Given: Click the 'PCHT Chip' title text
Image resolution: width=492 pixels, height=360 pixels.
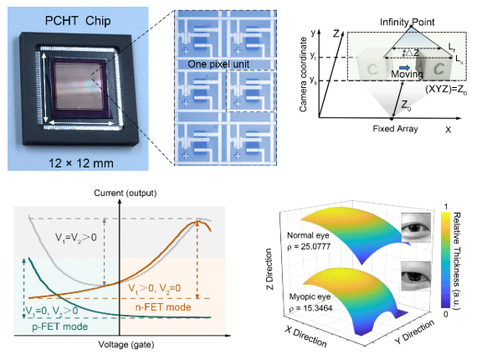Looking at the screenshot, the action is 78,21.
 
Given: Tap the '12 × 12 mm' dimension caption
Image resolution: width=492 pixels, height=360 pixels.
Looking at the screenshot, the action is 81,163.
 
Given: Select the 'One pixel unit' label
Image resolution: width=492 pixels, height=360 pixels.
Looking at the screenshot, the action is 218,64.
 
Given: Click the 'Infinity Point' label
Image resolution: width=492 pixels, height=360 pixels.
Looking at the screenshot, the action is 407,22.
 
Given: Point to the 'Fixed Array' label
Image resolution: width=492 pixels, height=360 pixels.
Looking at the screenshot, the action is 395,129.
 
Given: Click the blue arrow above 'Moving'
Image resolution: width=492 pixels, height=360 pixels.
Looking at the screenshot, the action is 405,68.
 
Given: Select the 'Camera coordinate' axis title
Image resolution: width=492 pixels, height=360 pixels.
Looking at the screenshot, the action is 303,75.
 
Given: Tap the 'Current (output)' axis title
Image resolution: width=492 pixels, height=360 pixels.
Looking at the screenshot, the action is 126,193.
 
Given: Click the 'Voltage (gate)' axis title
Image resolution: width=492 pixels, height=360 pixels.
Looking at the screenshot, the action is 126,344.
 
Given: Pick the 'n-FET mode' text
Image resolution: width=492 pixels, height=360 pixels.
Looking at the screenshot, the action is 163,307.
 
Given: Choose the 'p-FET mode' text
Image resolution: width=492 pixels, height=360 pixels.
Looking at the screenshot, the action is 60,327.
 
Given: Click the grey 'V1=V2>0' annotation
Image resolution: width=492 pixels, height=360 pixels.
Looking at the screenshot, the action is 76,238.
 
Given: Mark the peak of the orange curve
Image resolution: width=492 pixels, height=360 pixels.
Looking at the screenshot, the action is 198,221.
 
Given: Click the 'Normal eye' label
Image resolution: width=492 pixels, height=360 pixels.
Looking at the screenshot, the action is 308,235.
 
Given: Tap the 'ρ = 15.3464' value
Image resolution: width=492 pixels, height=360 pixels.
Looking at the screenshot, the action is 310,308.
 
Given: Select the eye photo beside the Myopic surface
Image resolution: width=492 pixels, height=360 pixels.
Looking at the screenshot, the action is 416,276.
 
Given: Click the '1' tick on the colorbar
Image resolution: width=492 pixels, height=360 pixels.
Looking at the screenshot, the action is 446,207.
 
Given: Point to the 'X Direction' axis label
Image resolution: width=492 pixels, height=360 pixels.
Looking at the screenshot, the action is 306,337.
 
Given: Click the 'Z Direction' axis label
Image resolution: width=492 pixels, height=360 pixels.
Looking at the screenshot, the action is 269,269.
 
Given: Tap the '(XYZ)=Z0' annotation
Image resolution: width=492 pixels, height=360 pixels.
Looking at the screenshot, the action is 446,90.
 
